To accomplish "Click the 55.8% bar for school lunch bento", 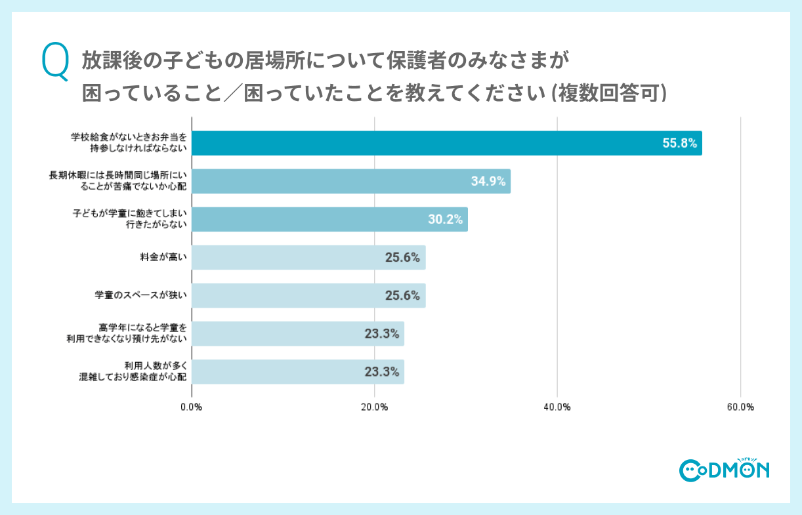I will [446, 143].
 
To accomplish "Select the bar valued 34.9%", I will [351, 181].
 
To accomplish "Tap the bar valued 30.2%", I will [329, 219].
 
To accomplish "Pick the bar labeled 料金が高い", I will [308, 257].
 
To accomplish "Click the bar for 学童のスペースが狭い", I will [308, 295].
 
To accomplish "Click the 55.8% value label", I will [679, 143].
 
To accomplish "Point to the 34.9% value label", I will [488, 182].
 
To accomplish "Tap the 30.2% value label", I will [446, 220].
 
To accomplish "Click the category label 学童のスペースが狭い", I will [141, 295].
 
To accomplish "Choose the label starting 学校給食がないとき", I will [129, 143].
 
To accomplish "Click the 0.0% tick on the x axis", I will [192, 407].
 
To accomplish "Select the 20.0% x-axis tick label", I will [374, 407].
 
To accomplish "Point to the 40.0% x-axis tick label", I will [557, 407].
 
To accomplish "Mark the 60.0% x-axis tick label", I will [740, 407].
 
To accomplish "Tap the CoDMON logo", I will [724, 468].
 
